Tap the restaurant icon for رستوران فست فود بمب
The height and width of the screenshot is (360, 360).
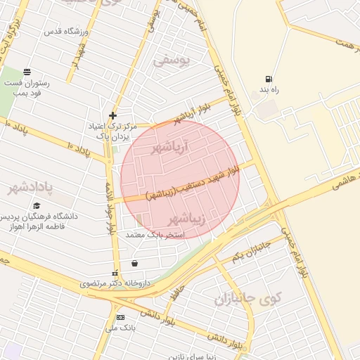coord(27,72)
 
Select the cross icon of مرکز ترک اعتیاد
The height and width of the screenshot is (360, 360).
coord(112,115)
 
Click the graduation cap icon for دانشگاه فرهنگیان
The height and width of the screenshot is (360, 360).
coord(37,205)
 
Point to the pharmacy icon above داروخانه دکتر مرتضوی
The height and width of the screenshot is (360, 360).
coord(115,273)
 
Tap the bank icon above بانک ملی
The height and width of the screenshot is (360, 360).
coord(120,318)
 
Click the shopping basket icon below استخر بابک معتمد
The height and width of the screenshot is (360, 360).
coord(134,264)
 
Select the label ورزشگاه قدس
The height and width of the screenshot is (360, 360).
coord(66,32)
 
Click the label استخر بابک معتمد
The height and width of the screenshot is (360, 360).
coord(155,233)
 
